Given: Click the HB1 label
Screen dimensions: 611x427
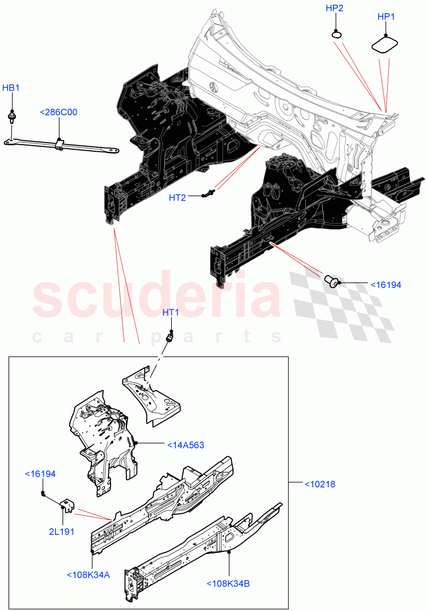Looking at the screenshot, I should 11,88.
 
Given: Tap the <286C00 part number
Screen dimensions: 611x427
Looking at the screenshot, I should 59,113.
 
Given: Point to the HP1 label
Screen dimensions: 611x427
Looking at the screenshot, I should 386,17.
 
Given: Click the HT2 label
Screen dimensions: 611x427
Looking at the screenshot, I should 177,198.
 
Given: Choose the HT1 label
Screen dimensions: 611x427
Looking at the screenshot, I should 171,312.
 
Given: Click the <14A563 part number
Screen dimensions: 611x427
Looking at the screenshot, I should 185,445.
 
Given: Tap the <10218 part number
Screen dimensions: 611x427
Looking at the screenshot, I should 319,484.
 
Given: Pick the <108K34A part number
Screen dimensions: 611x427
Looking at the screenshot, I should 89,575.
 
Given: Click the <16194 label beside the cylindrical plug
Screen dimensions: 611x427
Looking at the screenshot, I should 385,285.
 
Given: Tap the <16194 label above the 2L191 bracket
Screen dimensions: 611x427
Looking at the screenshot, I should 41,474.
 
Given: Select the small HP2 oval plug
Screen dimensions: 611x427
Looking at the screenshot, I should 336,35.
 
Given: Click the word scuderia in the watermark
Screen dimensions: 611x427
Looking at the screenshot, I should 157,294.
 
